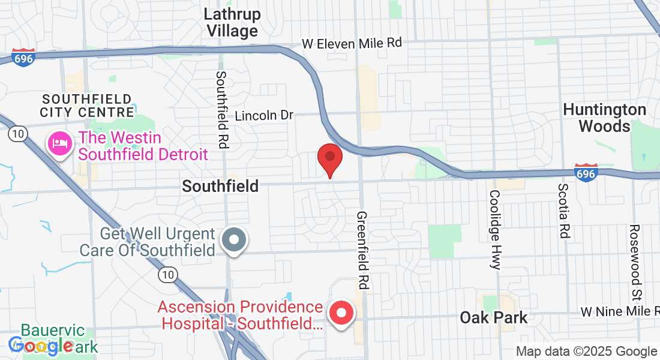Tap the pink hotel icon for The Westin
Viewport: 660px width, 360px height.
[60, 144]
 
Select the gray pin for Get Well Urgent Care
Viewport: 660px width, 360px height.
[234, 240]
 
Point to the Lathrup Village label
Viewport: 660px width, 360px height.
[232, 22]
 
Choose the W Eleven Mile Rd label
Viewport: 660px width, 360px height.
[352, 43]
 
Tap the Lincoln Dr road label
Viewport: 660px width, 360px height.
[264, 115]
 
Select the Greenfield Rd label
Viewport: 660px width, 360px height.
[362, 250]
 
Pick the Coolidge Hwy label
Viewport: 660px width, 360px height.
[495, 230]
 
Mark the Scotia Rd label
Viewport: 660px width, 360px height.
[563, 211]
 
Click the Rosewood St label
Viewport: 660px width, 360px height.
[635, 255]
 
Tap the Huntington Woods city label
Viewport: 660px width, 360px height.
[604, 118]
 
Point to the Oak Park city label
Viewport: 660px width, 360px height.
[493, 317]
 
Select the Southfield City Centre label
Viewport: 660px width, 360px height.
[87, 106]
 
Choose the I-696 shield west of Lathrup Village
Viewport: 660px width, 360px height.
[23, 57]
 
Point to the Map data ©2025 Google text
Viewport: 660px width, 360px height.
[586, 352]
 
